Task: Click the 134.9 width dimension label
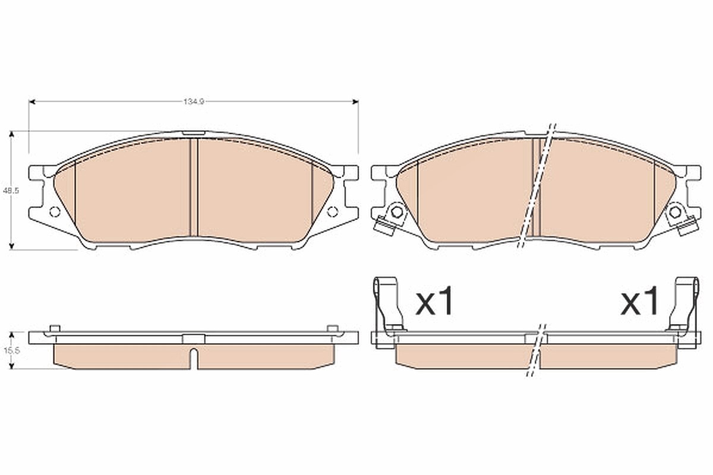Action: (x=194, y=102)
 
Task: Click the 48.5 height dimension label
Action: (x=11, y=191)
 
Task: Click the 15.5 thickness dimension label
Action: (x=11, y=350)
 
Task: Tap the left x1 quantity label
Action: (x=434, y=301)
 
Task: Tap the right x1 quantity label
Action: (x=639, y=301)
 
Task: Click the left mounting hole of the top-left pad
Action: (x=55, y=211)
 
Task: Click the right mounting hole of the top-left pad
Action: (x=333, y=211)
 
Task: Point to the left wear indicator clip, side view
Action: (x=389, y=306)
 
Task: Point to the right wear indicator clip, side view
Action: (x=684, y=306)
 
